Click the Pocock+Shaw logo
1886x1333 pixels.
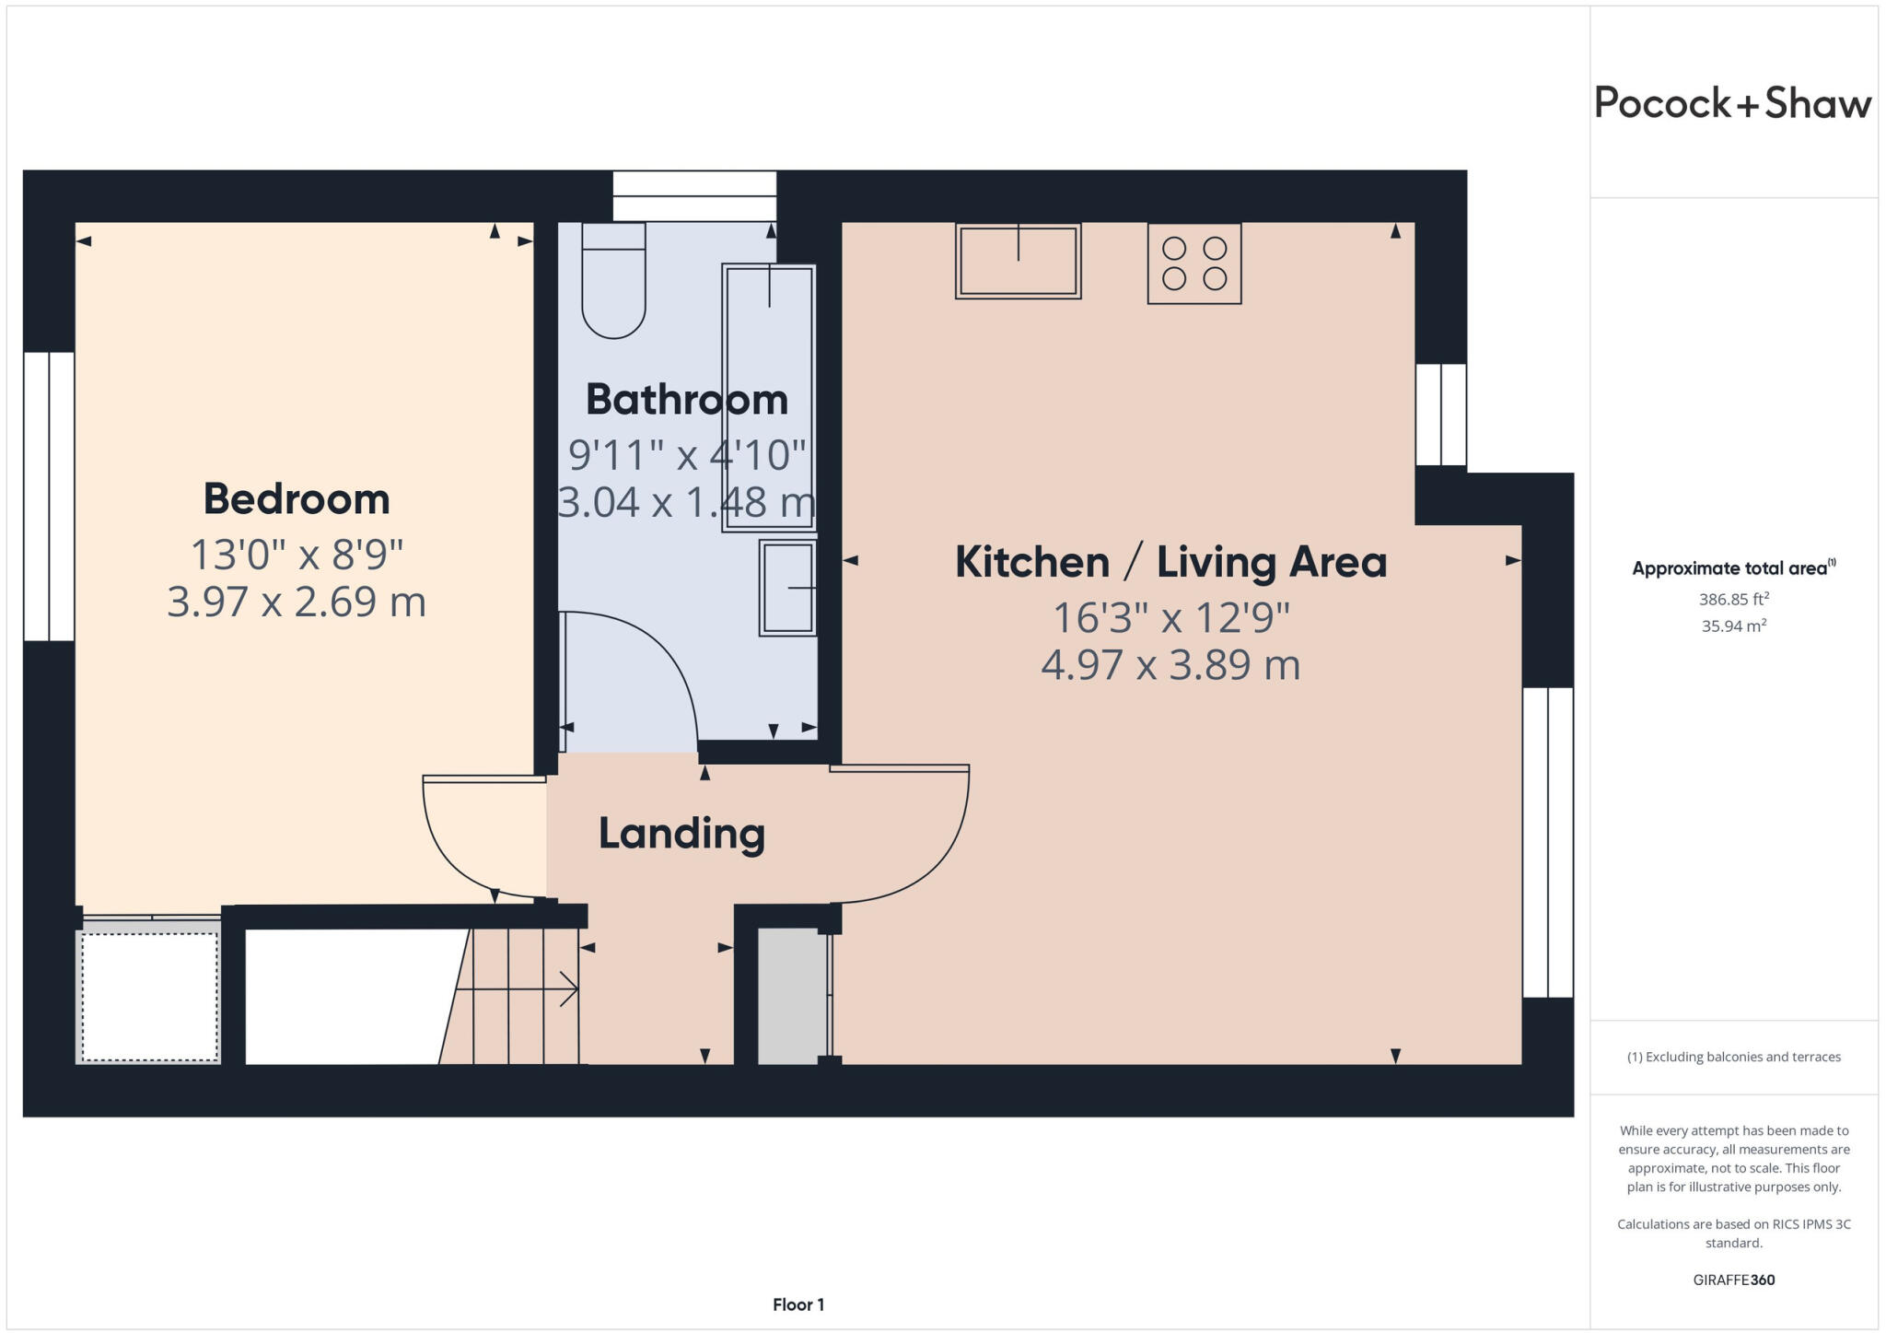pyautogui.click(x=1732, y=103)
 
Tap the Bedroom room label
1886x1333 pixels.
pyautogui.click(x=297, y=499)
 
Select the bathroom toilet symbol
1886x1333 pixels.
pyautogui.click(x=613, y=281)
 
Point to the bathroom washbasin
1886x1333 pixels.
pyautogui.click(x=788, y=588)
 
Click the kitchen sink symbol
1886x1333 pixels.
pyautogui.click(x=1018, y=262)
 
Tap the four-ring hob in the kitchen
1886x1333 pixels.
pyautogui.click(x=1194, y=263)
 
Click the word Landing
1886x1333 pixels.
pyautogui.click(x=681, y=834)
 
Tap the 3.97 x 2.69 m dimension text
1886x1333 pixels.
pyautogui.click(x=297, y=602)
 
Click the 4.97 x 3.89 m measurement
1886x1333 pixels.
pyautogui.click(x=1170, y=665)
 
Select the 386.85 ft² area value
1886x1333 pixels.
pyautogui.click(x=1733, y=600)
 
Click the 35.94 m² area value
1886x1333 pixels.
pyautogui.click(x=1733, y=626)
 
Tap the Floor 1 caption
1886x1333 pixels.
pyautogui.click(x=798, y=1304)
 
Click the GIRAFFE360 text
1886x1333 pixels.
pyautogui.click(x=1733, y=1280)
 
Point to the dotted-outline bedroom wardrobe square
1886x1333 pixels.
pyautogui.click(x=149, y=997)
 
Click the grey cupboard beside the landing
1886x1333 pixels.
pyautogui.click(x=791, y=997)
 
